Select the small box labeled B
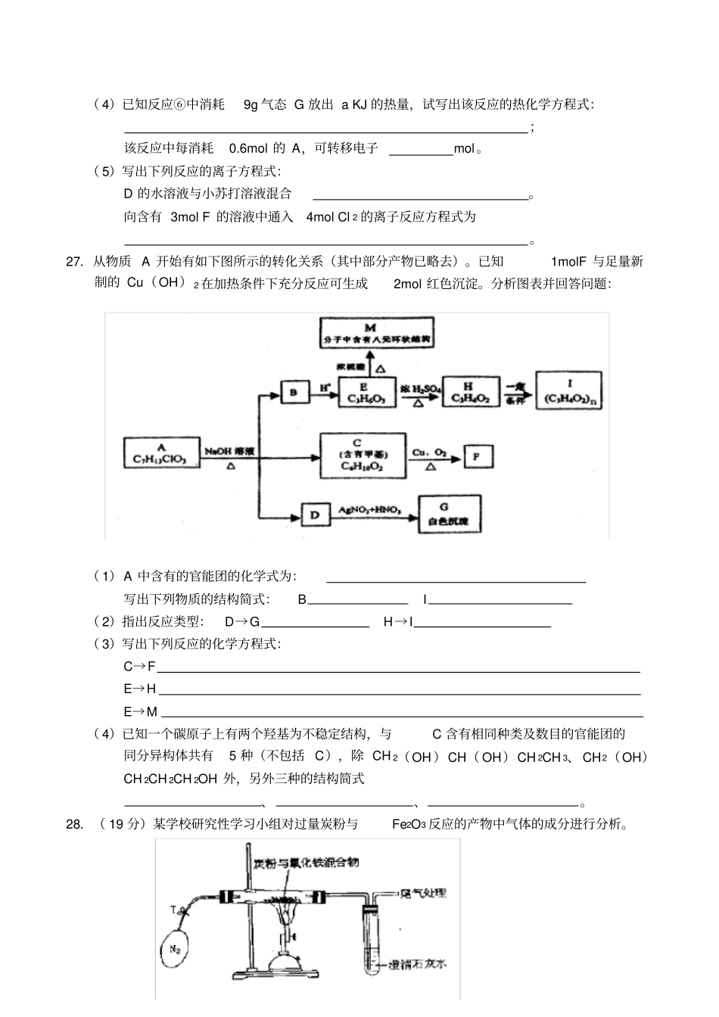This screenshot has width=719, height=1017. point(294,392)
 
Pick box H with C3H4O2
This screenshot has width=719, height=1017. point(470,391)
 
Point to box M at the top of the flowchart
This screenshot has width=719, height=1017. point(376,333)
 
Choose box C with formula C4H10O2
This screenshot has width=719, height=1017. point(363,454)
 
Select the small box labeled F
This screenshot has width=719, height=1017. point(477,456)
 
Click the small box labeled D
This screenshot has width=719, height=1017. point(315,515)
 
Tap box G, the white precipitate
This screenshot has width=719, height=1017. point(450,515)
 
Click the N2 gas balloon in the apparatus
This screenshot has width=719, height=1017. point(176,947)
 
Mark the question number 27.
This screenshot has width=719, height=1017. point(73,262)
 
